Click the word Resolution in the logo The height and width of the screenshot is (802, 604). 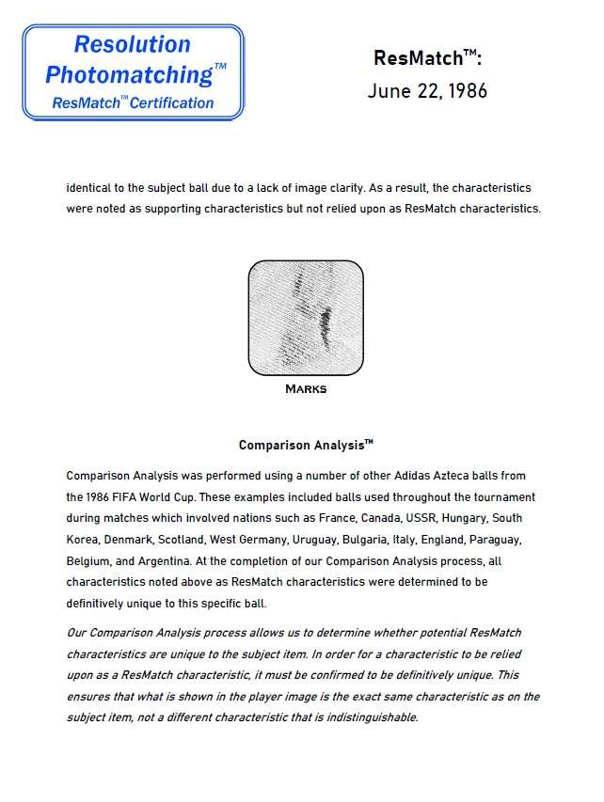(132, 45)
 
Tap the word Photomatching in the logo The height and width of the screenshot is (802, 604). (131, 74)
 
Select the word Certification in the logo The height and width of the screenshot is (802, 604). (172, 102)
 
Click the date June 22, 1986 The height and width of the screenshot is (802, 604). (427, 92)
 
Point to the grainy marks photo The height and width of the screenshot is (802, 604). (305, 318)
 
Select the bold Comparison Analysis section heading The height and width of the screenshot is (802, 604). (305, 445)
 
